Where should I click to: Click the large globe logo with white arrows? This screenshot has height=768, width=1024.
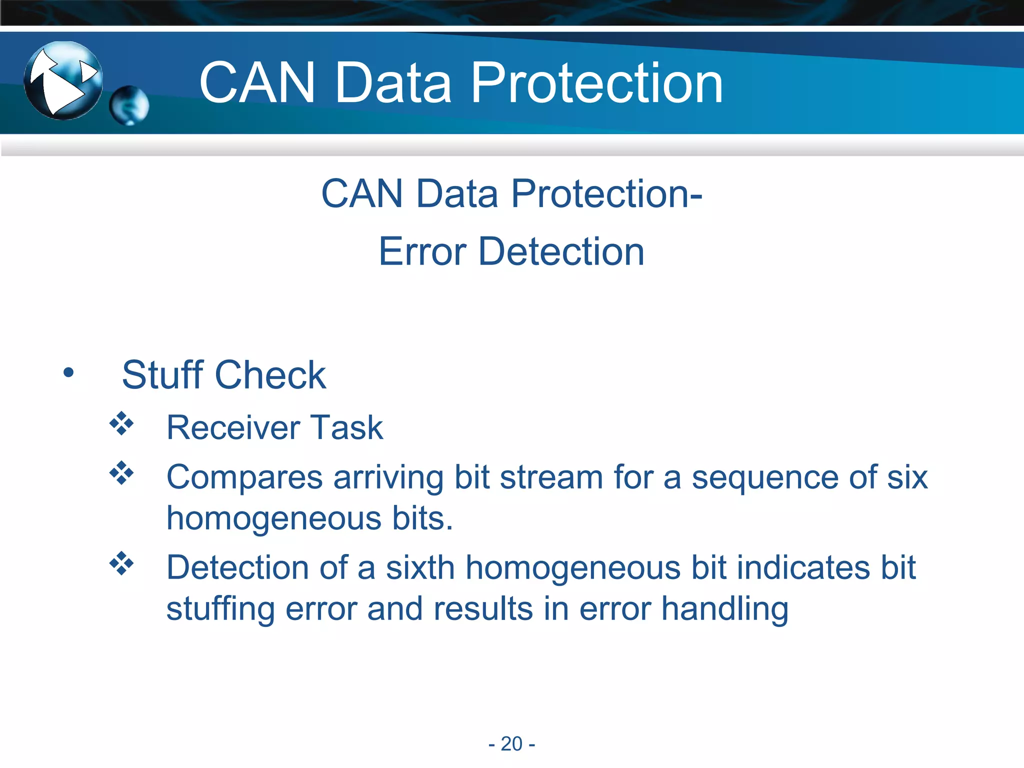[63, 80]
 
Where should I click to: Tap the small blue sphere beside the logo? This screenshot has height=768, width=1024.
[129, 105]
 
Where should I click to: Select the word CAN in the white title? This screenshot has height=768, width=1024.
[257, 83]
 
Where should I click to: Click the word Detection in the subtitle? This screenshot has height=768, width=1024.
[561, 251]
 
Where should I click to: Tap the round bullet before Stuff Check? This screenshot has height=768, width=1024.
[68, 372]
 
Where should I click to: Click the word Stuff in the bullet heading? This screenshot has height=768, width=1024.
[162, 374]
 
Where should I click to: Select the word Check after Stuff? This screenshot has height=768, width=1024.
[270, 374]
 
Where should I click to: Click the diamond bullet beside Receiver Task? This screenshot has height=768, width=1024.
[121, 423]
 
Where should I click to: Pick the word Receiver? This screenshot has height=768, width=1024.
[233, 428]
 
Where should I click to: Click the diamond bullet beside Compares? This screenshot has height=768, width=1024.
[121, 472]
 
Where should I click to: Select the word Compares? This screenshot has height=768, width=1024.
[244, 478]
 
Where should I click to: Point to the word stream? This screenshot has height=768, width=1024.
[551, 477]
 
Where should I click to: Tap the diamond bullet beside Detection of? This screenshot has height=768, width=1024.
[121, 563]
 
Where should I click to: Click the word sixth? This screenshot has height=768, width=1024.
[419, 567]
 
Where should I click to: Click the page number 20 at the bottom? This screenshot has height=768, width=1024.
[511, 743]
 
